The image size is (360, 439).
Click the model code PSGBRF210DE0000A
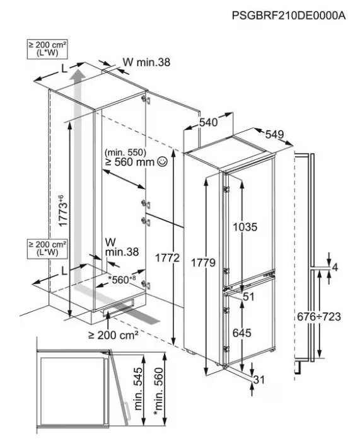289,15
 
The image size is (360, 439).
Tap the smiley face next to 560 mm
163,161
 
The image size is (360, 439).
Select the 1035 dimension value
245,227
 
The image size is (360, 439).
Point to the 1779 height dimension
203,263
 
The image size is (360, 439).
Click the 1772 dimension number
167,258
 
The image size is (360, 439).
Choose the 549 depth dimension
274,134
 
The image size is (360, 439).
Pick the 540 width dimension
208,122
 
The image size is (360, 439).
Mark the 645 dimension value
241,333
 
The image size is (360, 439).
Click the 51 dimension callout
248,297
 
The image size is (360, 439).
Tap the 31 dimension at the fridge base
259,380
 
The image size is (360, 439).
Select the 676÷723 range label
319,317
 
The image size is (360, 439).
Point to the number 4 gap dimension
335,267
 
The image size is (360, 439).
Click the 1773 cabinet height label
63,210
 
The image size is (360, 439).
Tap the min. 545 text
139,389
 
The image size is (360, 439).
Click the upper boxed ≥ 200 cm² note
47,49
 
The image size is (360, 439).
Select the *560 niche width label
122,280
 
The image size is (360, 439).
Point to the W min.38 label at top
146,62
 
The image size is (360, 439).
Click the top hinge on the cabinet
146,99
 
